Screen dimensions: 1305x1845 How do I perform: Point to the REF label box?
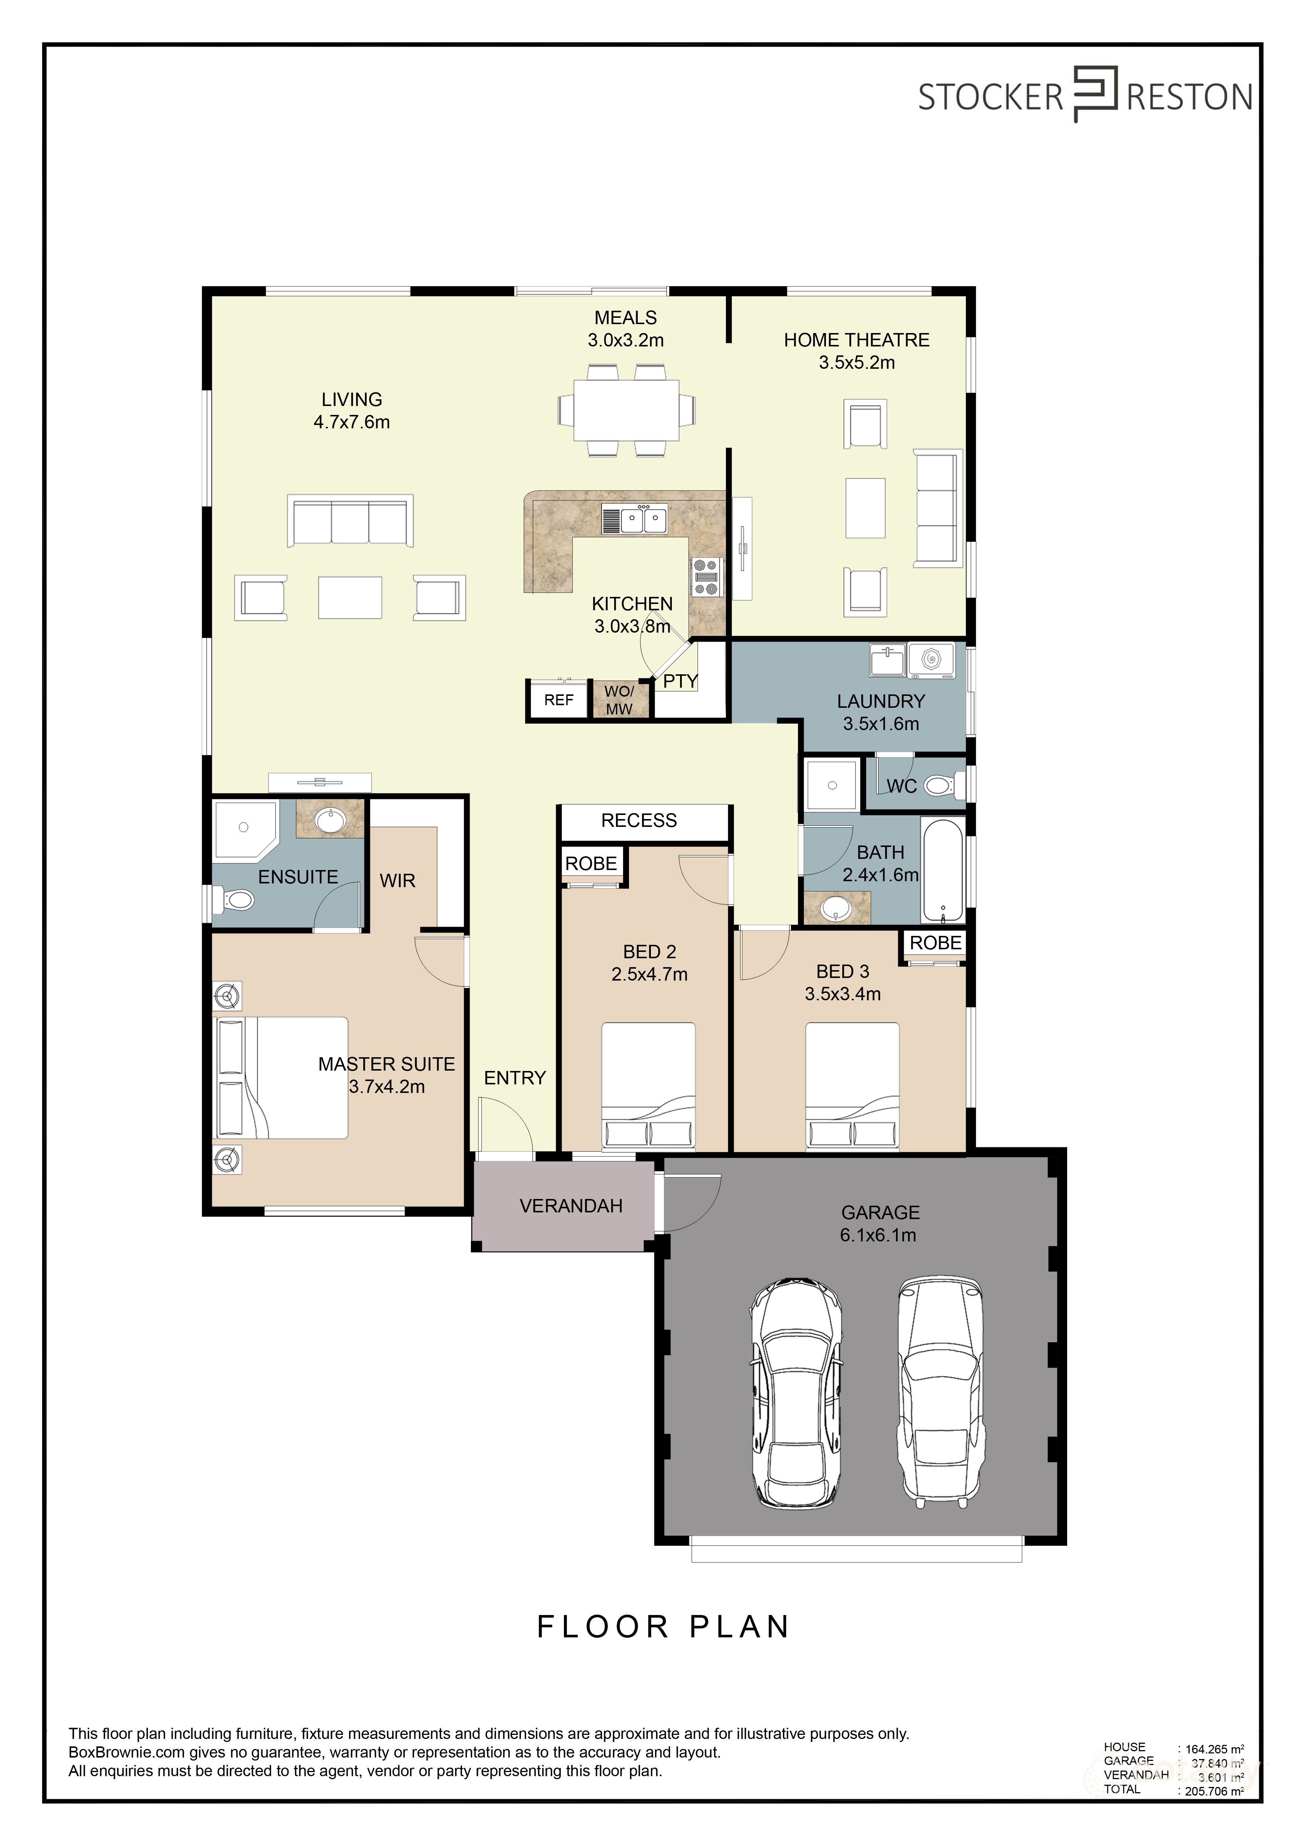click(x=558, y=700)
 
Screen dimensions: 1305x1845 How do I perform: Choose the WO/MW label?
click(x=619, y=700)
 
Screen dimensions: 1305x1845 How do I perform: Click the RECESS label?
click(x=639, y=821)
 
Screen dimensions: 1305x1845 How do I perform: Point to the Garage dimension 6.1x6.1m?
click(x=878, y=1235)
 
